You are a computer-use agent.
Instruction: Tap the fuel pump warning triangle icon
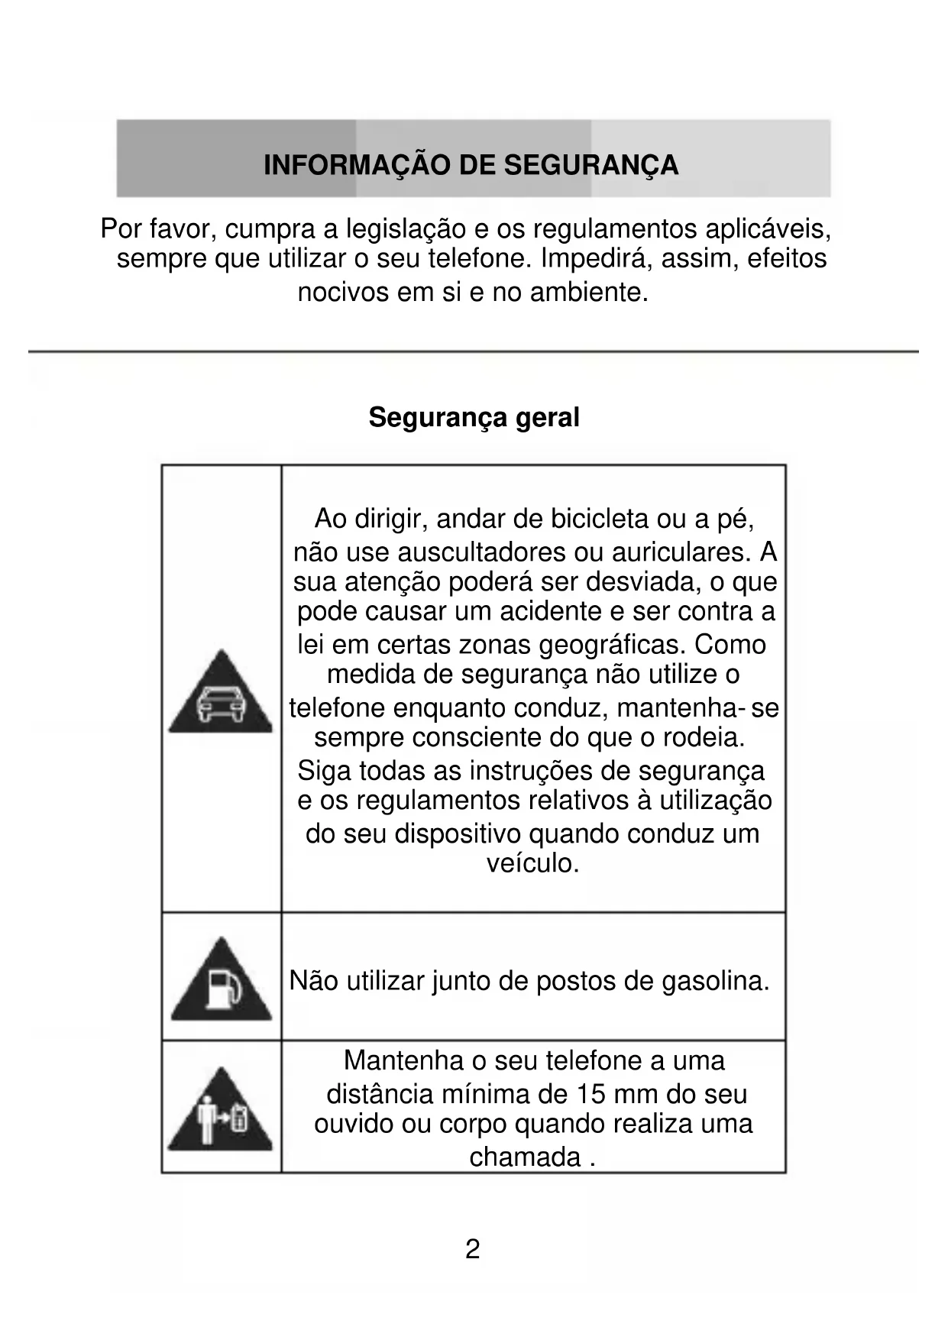pyautogui.click(x=221, y=982)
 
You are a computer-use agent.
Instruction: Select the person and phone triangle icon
pyautogui.click(x=220, y=1112)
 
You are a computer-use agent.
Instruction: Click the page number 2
pyautogui.click(x=473, y=1249)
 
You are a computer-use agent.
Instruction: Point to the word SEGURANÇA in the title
pyautogui.click(x=590, y=165)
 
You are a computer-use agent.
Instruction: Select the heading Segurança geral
pyautogui.click(x=474, y=417)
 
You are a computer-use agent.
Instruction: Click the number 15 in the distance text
pyautogui.click(x=591, y=1094)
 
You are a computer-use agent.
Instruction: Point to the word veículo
pyautogui.click(x=533, y=863)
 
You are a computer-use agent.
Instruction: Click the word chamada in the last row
pyautogui.click(x=525, y=1157)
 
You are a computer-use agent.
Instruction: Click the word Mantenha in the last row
pyautogui.click(x=404, y=1060)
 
